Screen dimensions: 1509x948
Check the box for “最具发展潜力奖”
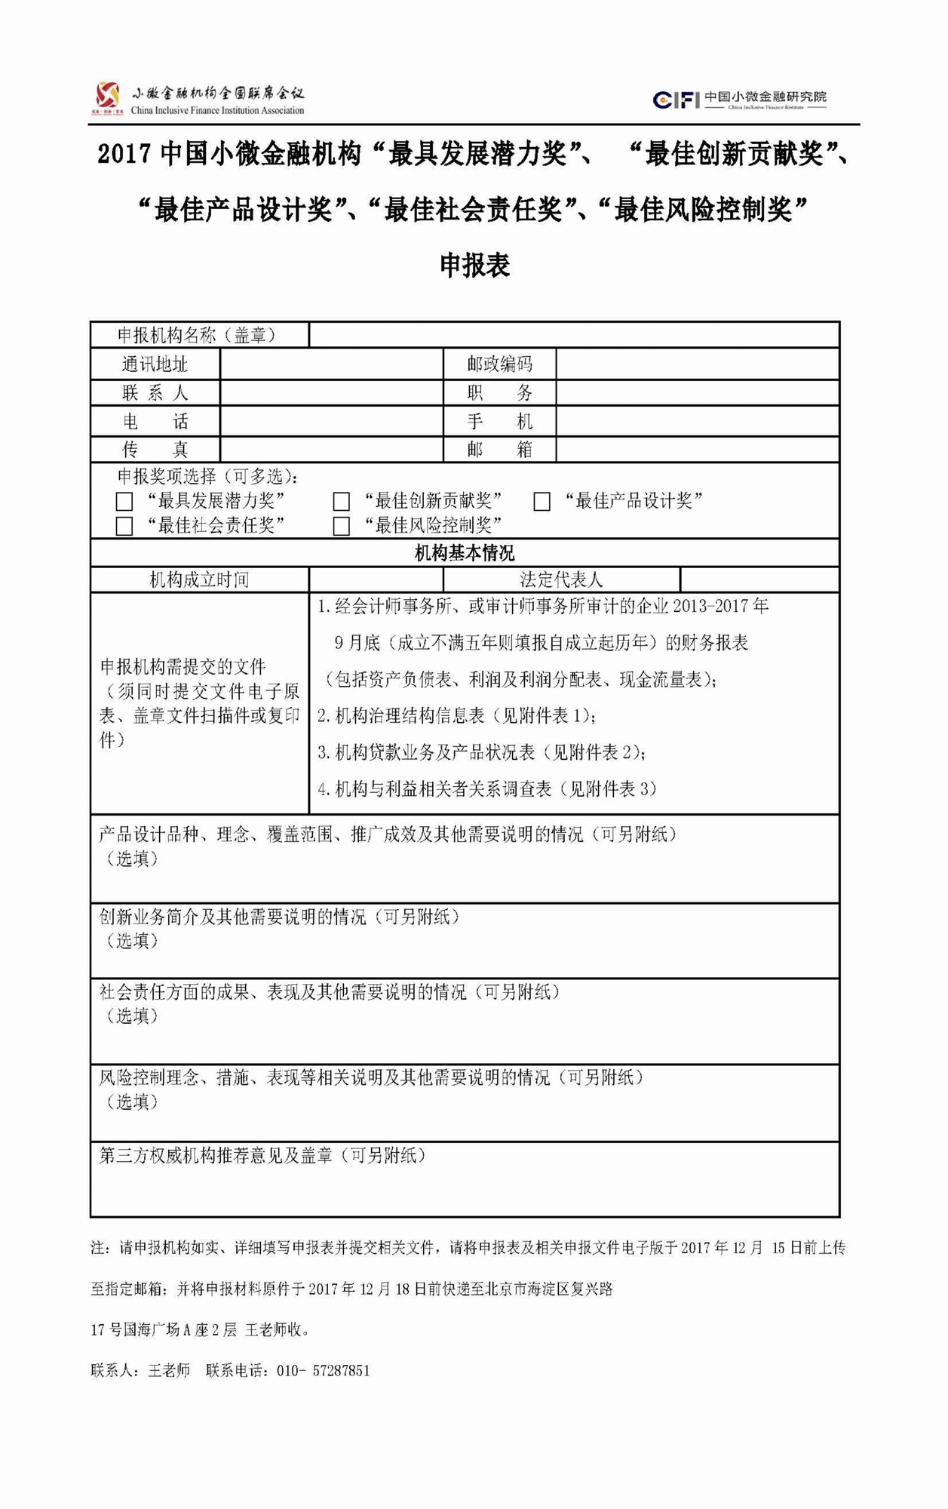click(124, 501)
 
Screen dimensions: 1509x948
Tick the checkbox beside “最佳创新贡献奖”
click(342, 501)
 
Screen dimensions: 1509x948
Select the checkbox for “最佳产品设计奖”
click(541, 501)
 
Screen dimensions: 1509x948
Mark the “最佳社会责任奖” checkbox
click(124, 526)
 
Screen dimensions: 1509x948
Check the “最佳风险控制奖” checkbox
click(342, 526)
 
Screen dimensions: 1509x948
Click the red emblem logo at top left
click(108, 97)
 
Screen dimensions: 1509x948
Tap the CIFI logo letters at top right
click(676, 99)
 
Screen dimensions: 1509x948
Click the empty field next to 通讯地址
click(331, 364)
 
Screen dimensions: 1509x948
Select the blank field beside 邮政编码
click(697, 364)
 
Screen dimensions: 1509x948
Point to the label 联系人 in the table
click(155, 393)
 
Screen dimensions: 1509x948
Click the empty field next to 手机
click(697, 421)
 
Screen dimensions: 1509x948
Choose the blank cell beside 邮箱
click(697, 450)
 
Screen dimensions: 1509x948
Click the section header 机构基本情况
click(465, 553)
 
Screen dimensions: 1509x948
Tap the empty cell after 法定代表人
click(759, 579)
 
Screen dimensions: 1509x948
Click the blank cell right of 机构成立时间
click(376, 579)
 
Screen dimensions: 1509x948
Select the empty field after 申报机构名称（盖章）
click(573, 335)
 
